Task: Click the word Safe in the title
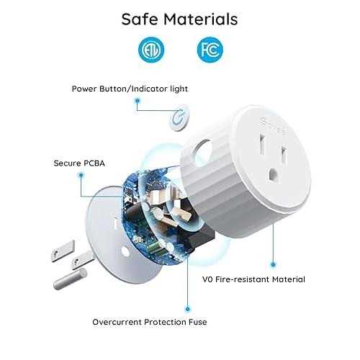coord(140,19)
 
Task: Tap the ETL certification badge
coord(151,50)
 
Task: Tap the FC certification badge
coord(208,50)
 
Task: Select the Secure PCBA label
coord(78,163)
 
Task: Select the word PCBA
coord(91,163)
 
